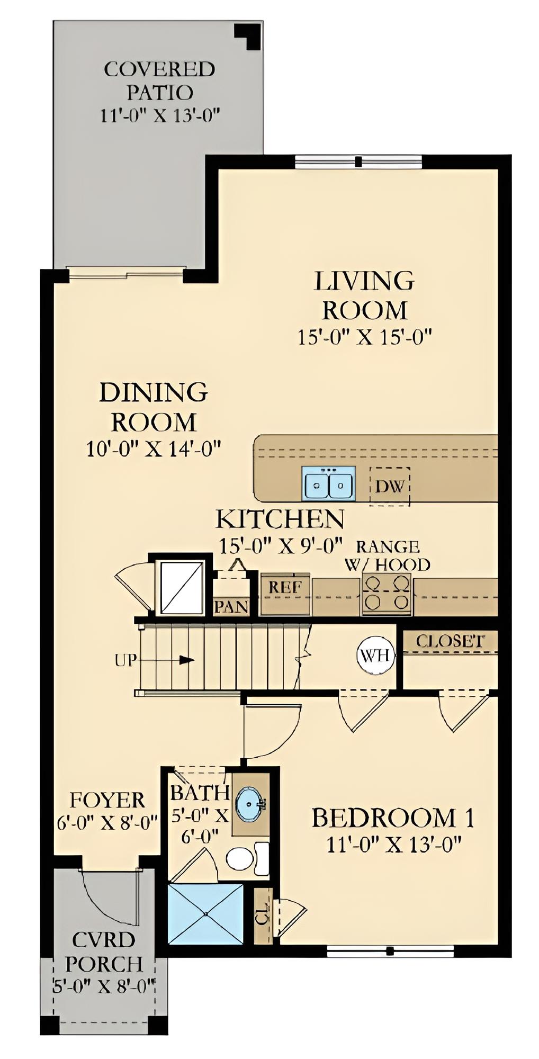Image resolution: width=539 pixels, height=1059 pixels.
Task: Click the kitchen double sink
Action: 328,483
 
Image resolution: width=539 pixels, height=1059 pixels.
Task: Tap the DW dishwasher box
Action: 390,486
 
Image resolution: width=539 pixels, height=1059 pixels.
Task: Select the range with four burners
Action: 387,593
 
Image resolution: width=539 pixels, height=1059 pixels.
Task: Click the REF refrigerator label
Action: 285,587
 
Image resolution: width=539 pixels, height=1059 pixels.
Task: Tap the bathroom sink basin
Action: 250,803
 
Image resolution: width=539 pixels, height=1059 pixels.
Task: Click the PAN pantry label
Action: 231,606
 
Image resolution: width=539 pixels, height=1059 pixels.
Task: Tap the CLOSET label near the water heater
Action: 450,641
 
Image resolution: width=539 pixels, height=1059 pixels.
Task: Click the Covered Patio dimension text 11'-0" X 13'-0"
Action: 160,115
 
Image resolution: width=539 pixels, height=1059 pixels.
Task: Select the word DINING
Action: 154,392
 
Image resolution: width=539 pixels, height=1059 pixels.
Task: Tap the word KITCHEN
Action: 280,519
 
